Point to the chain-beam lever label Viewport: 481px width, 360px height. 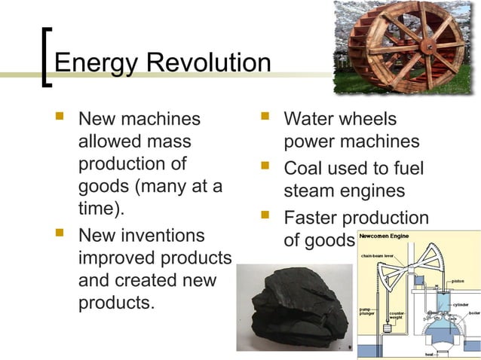pos(378,255)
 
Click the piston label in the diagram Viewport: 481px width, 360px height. pos(458,281)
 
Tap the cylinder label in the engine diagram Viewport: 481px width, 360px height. pos(461,304)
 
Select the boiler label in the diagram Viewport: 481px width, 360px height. pos(473,313)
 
